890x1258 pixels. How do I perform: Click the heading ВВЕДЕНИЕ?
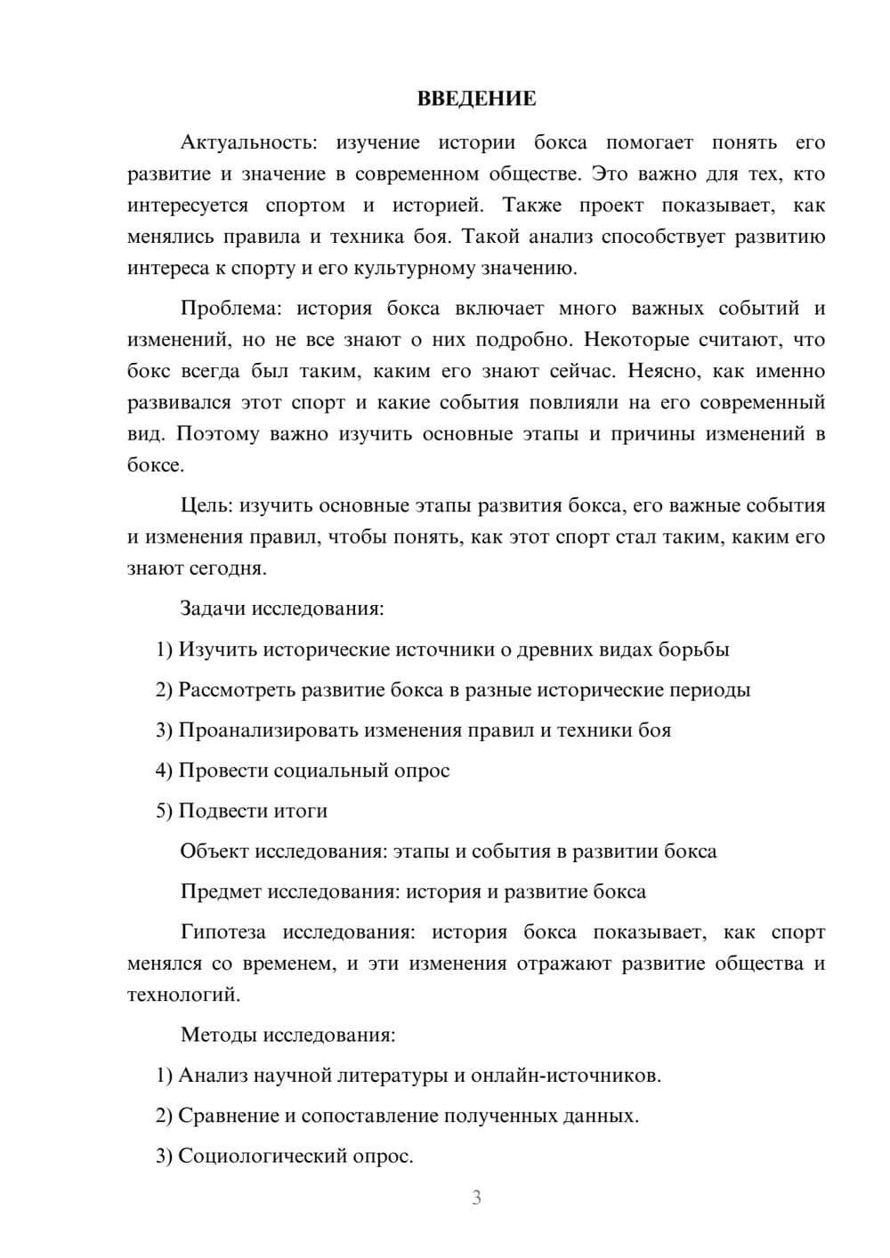coord(476,99)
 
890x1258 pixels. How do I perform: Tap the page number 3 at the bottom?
coord(476,1198)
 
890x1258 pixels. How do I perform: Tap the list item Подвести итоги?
coord(253,810)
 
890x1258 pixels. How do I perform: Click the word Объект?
coord(214,851)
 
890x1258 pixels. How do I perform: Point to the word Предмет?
coord(221,891)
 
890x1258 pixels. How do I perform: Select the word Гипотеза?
coord(222,932)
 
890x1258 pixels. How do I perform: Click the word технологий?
coord(182,995)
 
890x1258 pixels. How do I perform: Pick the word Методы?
coord(214,1035)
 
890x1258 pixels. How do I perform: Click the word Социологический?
coord(264,1157)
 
